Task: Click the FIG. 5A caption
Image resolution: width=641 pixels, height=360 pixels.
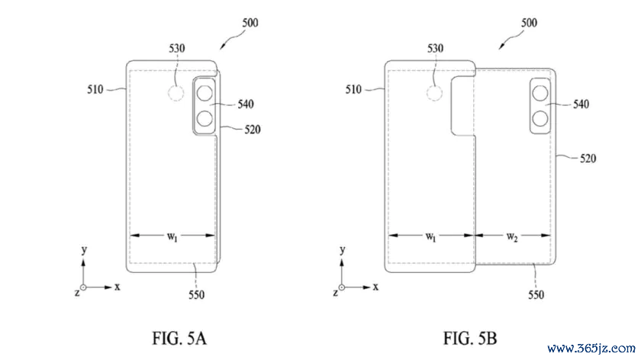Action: pos(179,339)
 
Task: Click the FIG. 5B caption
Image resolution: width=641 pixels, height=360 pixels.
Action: pos(470,339)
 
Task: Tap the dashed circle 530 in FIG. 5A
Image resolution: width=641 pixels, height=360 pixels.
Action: pos(176,94)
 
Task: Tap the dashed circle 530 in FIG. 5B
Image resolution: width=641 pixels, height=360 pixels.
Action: pos(434,94)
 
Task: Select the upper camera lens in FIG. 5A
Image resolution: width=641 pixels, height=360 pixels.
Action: pos(205,93)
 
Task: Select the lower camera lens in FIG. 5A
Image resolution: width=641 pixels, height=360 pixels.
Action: pos(205,119)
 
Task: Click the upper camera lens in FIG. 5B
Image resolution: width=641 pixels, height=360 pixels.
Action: pos(540,93)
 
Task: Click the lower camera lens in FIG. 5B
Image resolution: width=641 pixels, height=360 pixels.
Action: pos(540,119)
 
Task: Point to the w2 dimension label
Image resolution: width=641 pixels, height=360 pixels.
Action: pos(512,236)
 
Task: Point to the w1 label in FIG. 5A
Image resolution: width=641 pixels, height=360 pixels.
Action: pos(172,236)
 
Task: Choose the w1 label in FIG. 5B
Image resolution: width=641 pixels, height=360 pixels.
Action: pos(430,236)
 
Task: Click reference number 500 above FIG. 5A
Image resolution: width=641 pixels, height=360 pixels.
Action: pos(250,22)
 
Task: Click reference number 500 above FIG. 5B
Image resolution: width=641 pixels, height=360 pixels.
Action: pos(529,22)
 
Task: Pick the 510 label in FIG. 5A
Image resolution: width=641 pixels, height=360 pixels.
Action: pos(95,89)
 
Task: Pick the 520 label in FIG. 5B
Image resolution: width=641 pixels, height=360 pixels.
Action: pos(588,158)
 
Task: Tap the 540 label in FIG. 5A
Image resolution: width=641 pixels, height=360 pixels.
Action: pos(246,104)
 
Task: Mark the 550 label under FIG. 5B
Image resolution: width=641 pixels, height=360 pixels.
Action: pos(536,294)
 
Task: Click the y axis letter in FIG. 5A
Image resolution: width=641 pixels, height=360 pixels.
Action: pos(84,249)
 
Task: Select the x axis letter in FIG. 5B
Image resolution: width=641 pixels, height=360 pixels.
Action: pos(375,287)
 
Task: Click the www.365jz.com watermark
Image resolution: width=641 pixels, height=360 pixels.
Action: pos(591,349)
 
